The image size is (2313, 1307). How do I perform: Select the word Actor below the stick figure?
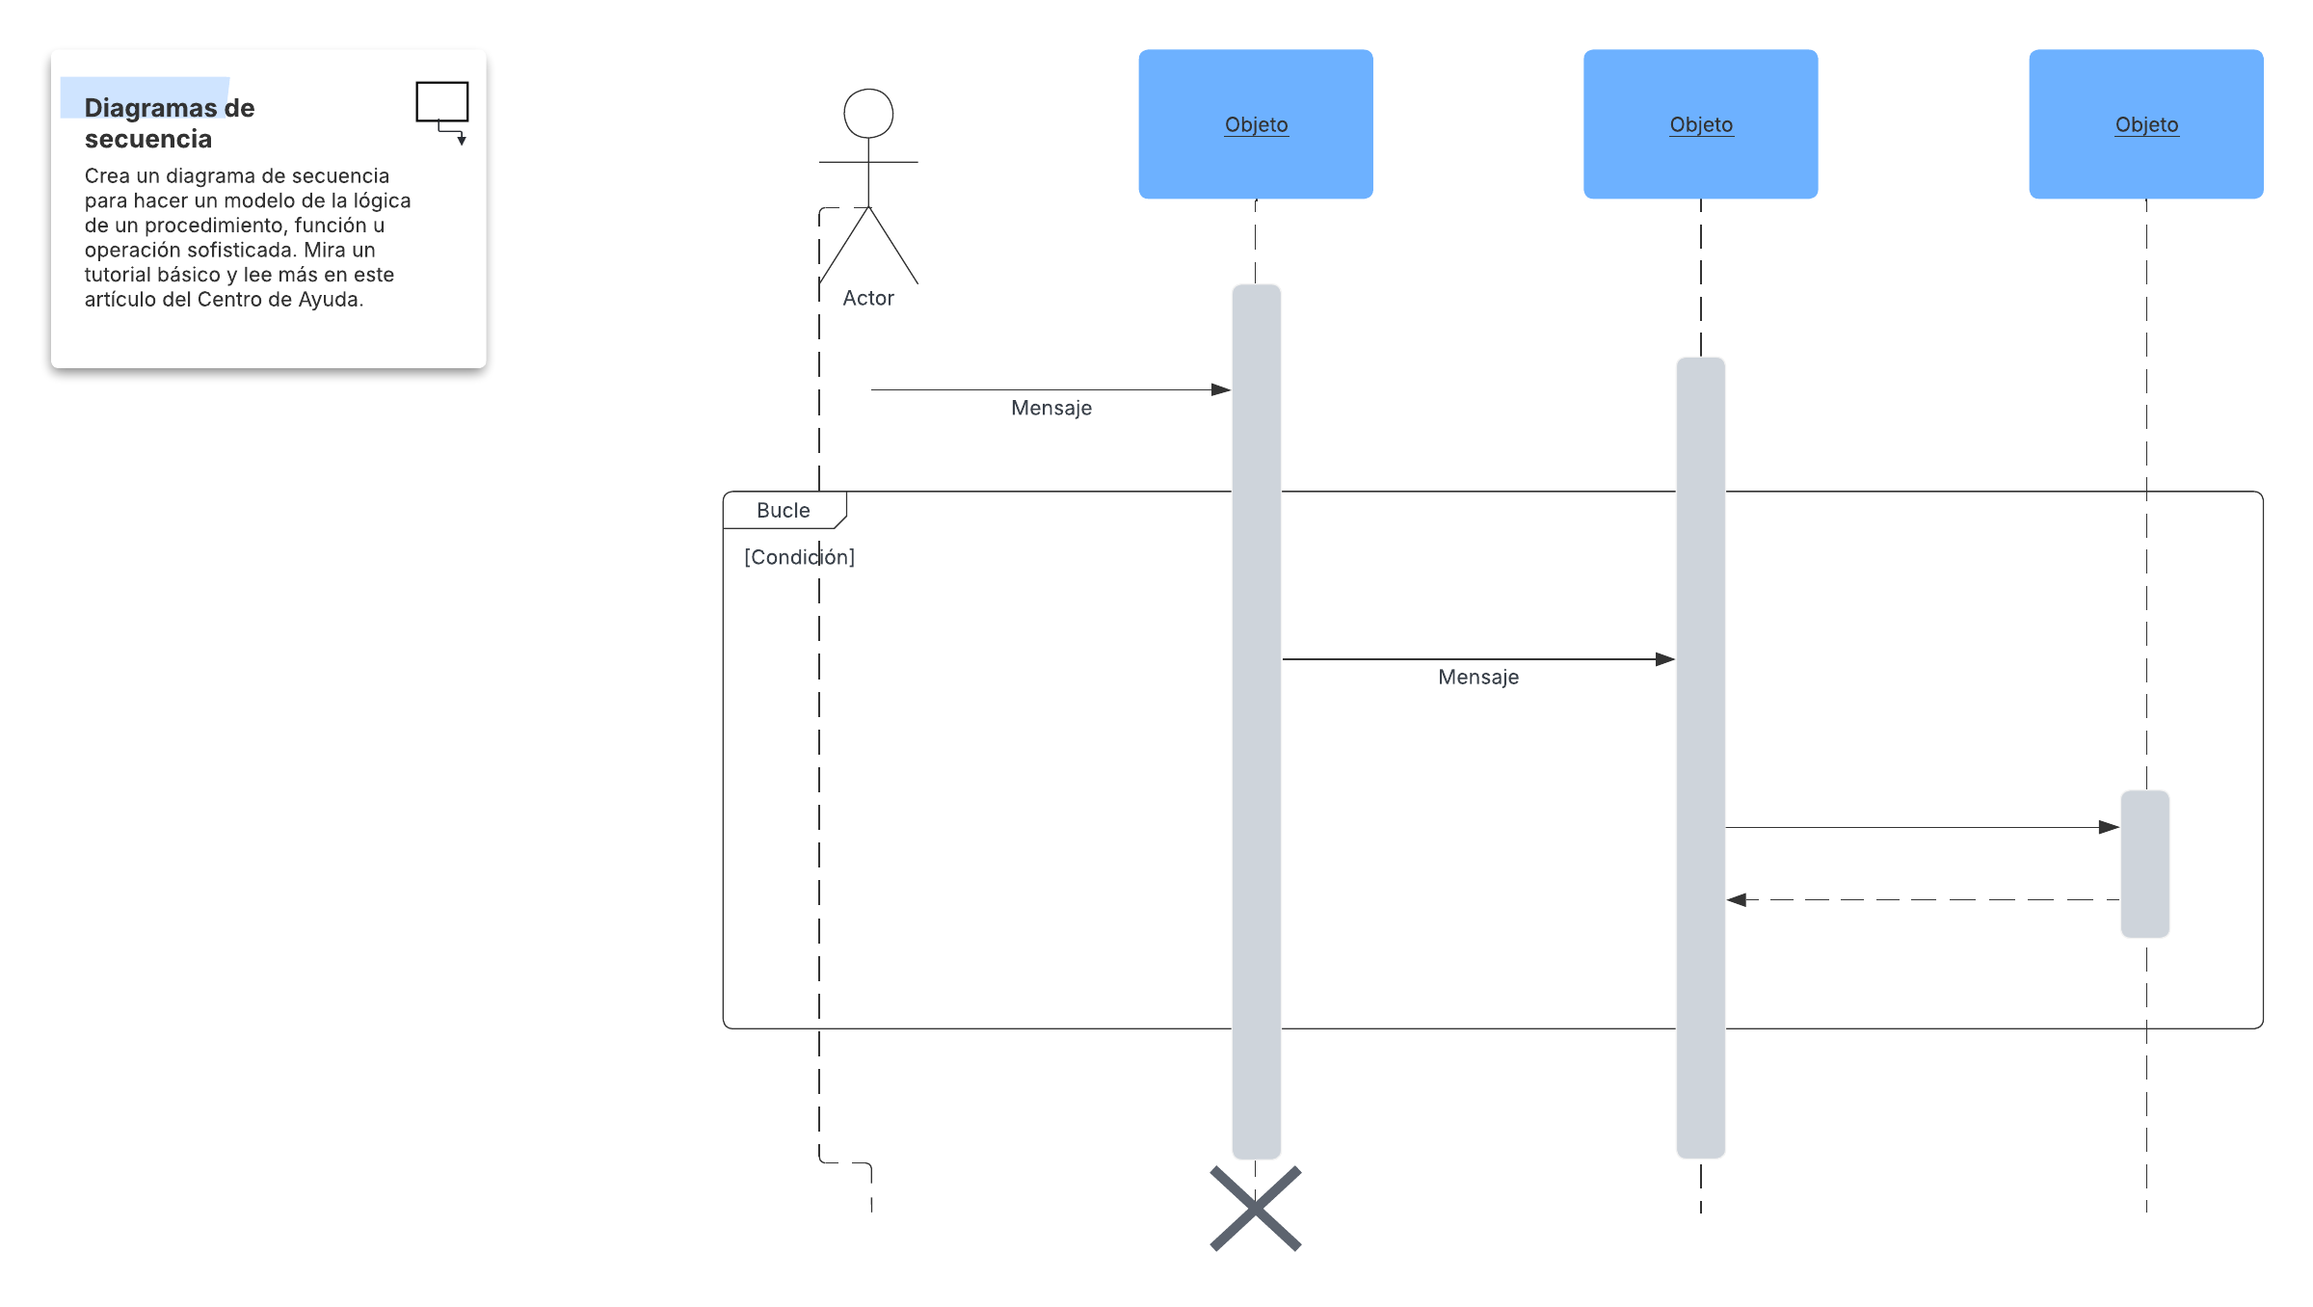(x=868, y=299)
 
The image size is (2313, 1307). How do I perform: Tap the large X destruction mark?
(x=1256, y=1209)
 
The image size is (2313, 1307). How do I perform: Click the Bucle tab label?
(x=784, y=511)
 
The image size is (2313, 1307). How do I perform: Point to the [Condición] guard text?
(x=799, y=557)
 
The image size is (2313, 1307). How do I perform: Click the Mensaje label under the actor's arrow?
(x=1051, y=408)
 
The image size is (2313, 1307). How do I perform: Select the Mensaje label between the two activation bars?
(x=1478, y=677)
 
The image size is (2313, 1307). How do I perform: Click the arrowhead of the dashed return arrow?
(x=1736, y=900)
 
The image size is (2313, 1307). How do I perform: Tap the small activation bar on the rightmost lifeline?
(x=2145, y=864)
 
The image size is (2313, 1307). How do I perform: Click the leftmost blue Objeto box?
(x=1256, y=124)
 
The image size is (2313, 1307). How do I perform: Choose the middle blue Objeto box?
(x=1701, y=124)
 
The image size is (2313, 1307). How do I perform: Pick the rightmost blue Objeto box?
(x=2146, y=124)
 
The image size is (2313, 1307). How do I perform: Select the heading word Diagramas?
(x=150, y=108)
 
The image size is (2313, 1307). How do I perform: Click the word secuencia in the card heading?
(x=148, y=140)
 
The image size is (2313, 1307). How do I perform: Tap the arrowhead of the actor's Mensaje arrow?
(x=1221, y=390)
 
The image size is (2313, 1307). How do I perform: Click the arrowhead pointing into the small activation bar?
(x=2110, y=827)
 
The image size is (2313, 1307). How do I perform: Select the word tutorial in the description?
(x=117, y=275)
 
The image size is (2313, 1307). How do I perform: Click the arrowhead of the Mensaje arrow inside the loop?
(x=1665, y=659)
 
